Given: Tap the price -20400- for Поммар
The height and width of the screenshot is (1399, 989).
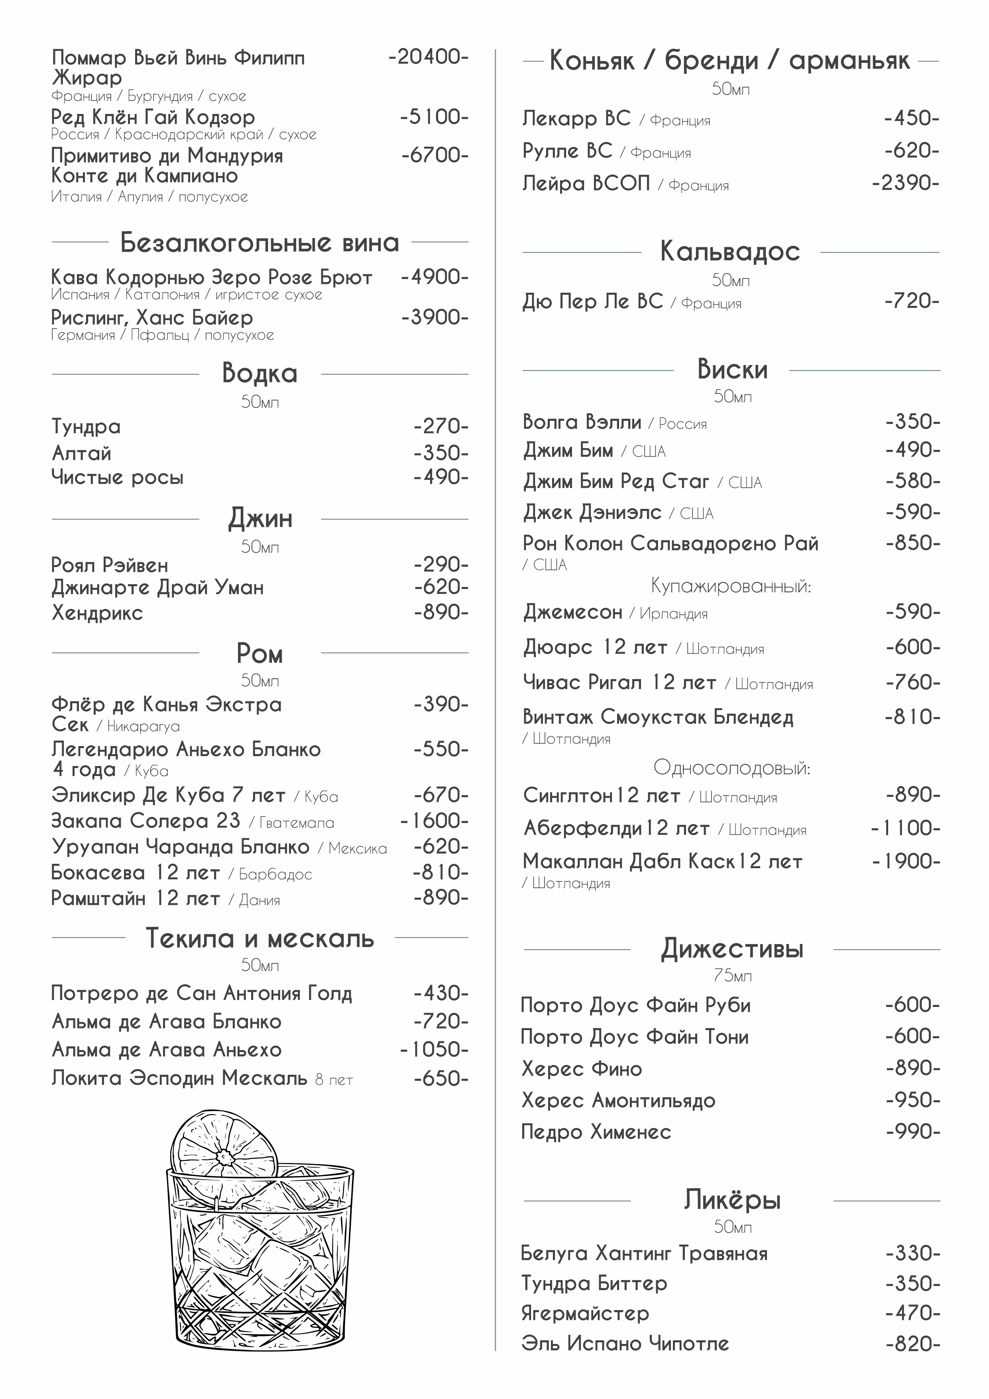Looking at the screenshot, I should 428,57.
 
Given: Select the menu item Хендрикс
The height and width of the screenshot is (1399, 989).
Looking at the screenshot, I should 97,613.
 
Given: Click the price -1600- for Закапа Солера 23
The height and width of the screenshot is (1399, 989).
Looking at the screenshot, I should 434,821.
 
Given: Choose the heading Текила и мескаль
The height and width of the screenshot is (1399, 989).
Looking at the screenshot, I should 260,938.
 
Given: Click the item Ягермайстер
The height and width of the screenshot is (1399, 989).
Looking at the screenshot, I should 585,1313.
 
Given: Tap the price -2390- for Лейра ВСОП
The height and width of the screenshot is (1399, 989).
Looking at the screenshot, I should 906,183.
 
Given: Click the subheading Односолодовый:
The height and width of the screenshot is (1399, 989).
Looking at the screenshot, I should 731,768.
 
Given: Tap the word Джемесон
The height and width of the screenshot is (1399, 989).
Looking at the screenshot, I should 572,612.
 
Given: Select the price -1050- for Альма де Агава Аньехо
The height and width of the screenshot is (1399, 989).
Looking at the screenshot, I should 434,1050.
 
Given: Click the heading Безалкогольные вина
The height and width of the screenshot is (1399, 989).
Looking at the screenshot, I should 260,242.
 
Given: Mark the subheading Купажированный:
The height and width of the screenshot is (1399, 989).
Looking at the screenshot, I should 731,586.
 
